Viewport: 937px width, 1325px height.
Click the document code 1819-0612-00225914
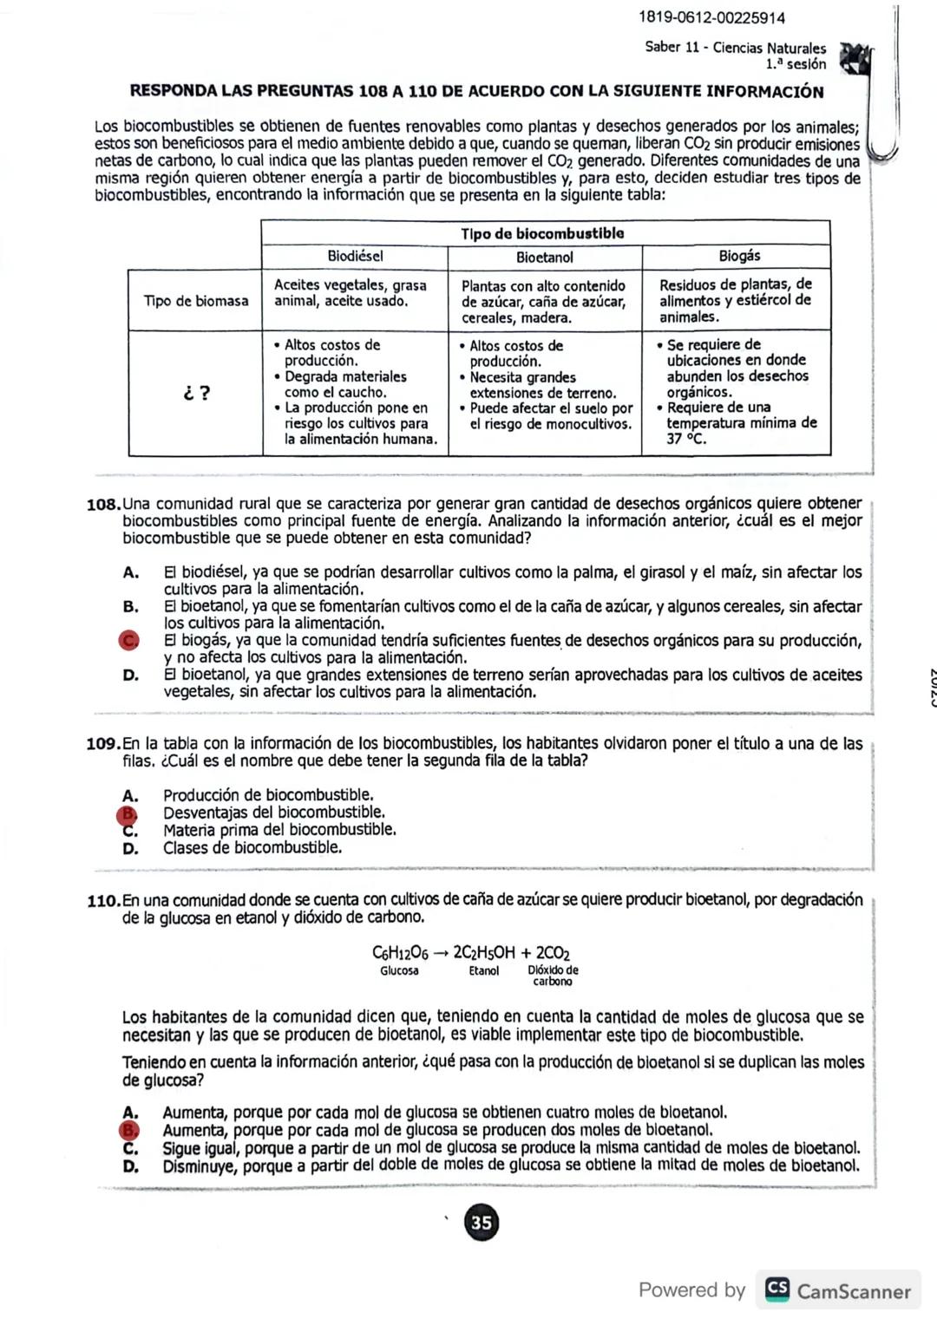click(x=711, y=17)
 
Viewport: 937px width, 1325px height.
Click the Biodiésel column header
click(x=355, y=256)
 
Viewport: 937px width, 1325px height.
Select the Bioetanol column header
click(x=545, y=257)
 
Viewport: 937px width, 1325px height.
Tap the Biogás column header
click(x=739, y=256)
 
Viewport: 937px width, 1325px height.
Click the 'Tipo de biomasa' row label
click(x=196, y=301)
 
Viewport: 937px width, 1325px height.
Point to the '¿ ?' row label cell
click(x=196, y=393)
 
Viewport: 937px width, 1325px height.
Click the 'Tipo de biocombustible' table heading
click(x=542, y=233)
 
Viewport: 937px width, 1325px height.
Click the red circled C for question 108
click(x=129, y=640)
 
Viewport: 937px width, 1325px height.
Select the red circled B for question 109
click(x=128, y=813)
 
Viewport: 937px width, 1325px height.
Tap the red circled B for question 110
click(x=129, y=1130)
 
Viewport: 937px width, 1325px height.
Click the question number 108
click(x=103, y=505)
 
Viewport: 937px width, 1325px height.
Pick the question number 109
click(x=103, y=744)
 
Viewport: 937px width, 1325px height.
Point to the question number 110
click(x=103, y=901)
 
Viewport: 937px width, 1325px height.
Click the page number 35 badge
click(x=482, y=1223)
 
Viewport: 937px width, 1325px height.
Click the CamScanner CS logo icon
click(x=777, y=1289)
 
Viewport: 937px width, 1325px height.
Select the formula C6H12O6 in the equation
click(x=400, y=952)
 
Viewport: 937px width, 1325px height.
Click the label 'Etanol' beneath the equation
click(x=484, y=971)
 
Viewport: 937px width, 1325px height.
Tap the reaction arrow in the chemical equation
click(x=441, y=953)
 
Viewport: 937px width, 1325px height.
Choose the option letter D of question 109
click(x=130, y=848)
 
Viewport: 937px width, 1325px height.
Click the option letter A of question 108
click(x=130, y=572)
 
